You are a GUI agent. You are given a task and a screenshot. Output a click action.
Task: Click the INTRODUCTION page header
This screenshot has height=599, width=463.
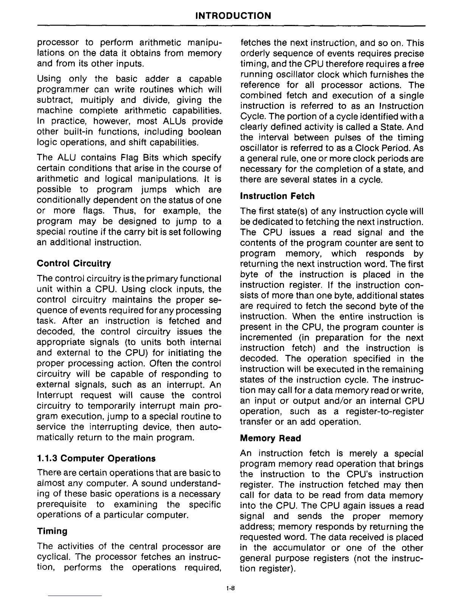233,16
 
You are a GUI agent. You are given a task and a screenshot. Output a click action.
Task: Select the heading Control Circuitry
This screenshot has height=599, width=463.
74,263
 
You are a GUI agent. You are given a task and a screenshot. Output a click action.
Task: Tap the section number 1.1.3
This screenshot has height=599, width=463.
48,458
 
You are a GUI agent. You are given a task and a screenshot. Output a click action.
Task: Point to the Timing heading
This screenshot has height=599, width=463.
52,531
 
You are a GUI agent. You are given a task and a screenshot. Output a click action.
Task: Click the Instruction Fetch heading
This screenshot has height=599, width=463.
277,196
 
